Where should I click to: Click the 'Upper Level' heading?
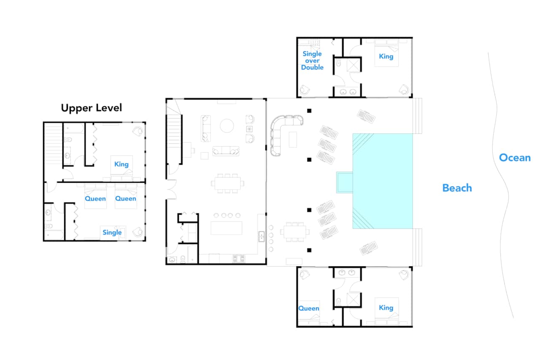(92, 108)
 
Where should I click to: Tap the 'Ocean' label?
(515, 158)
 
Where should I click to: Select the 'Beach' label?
(457, 188)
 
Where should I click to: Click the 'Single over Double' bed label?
(312, 60)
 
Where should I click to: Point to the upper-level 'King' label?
(121, 165)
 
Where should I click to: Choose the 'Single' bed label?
(112, 233)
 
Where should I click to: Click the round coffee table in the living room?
(227, 126)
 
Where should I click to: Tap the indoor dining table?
(227, 184)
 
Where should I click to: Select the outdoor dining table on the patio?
(295, 232)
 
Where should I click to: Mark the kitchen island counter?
(227, 228)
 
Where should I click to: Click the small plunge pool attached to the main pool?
(345, 182)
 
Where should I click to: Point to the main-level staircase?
(174, 139)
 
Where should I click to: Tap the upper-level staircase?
(53, 144)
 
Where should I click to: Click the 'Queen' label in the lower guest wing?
(308, 309)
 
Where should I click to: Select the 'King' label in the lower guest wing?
(386, 308)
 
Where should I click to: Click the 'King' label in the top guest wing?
(386, 57)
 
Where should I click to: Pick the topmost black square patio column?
(309, 111)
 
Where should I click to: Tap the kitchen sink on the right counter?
(261, 236)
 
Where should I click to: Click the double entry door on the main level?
(172, 189)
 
